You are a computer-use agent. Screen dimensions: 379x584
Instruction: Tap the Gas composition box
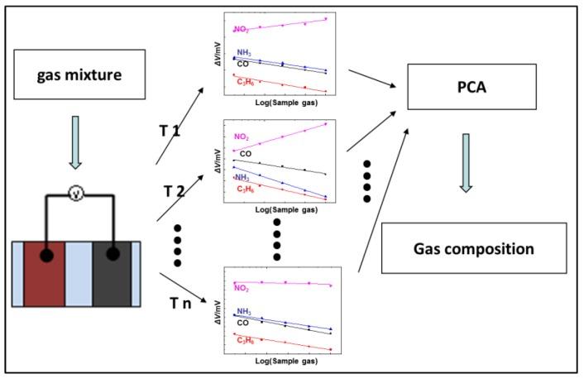pos(473,248)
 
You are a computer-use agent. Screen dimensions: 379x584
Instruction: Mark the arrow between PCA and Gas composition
pos(467,161)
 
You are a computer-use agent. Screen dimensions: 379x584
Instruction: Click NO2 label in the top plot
pos(242,29)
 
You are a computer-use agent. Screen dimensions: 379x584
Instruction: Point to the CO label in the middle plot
pos(246,154)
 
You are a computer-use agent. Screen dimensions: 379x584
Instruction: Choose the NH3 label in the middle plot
pos(242,177)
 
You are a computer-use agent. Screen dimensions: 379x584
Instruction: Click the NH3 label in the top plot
pos(244,54)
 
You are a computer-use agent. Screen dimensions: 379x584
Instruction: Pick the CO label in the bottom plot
pos(243,322)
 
